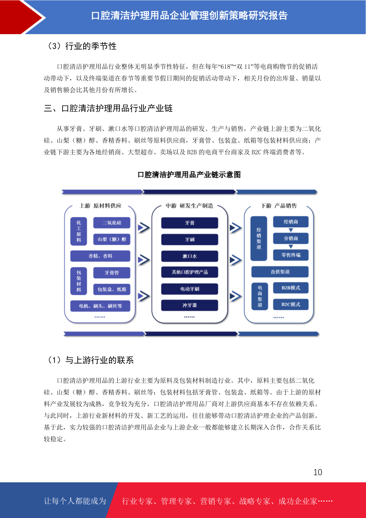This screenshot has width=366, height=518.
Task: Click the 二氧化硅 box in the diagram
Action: point(112,223)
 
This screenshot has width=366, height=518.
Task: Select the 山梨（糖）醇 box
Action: point(112,239)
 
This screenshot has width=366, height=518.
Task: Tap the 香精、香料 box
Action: point(100,256)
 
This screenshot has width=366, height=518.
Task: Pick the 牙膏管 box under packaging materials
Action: point(112,273)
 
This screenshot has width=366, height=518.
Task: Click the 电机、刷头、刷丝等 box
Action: point(100,306)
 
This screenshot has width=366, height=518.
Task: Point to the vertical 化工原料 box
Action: point(79,231)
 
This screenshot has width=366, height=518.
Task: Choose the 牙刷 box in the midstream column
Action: point(190,239)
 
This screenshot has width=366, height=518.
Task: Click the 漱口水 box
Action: point(190,256)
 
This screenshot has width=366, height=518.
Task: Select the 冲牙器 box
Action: point(190,305)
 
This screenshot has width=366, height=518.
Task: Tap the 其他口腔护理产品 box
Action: point(190,272)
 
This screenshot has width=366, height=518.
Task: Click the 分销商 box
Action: point(291,238)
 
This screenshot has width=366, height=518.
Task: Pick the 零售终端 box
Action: point(291,255)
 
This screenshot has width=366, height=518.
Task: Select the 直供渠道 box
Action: point(280,272)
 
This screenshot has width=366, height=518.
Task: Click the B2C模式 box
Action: point(291,304)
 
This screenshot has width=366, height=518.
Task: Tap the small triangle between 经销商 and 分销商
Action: point(291,230)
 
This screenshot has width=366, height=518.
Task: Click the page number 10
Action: point(318,472)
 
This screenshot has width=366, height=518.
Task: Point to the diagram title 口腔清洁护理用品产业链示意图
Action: point(189,175)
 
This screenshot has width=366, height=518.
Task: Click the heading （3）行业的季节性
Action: point(81,46)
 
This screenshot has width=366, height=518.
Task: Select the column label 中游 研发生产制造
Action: point(190,205)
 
